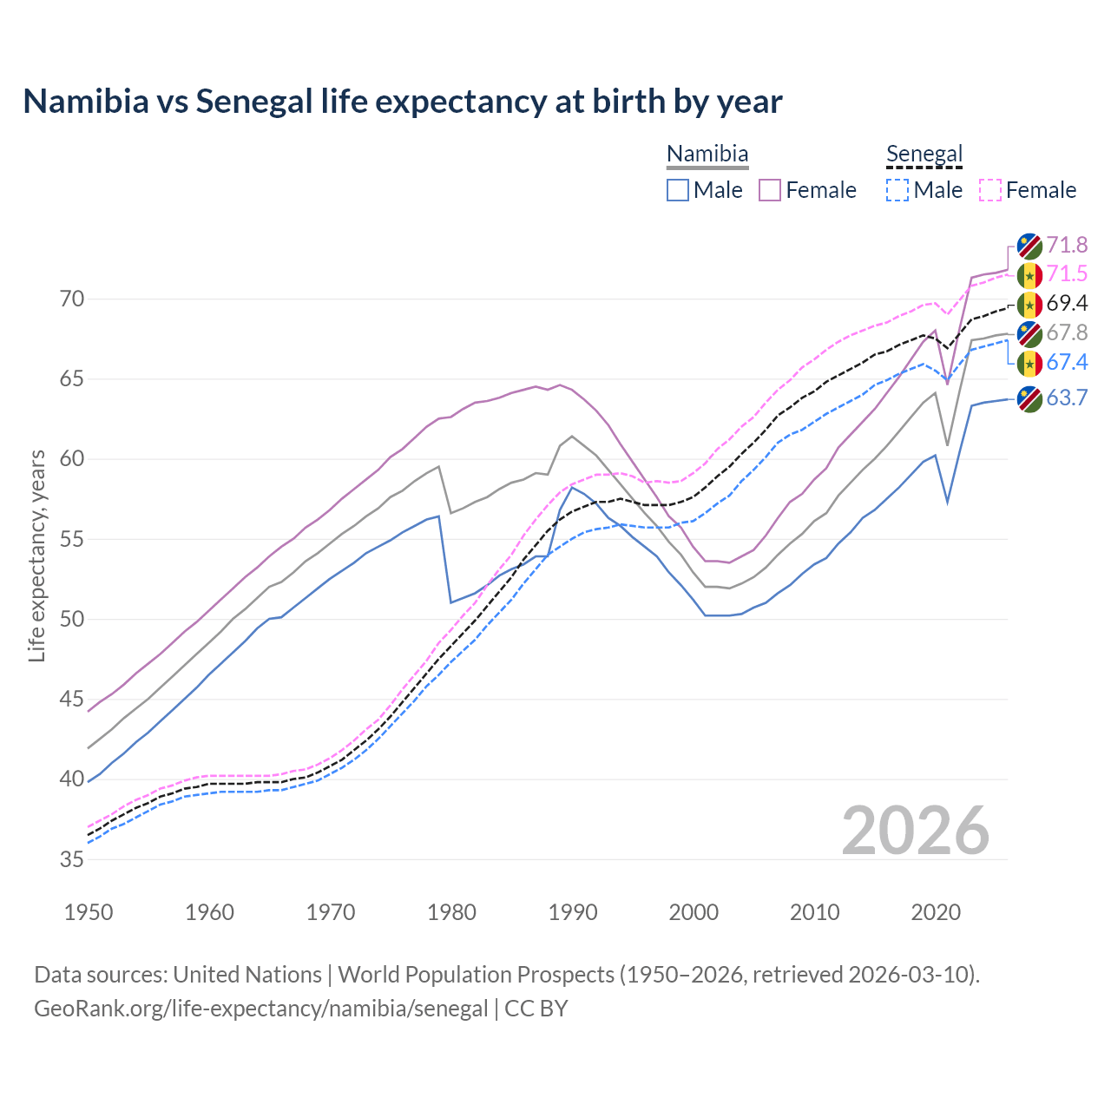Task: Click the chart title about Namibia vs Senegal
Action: coord(402,102)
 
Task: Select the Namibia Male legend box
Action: coord(678,190)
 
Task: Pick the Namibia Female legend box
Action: coord(770,190)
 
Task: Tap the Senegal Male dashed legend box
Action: coord(897,190)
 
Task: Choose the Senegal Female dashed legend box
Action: coord(990,190)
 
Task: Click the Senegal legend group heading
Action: coord(924,154)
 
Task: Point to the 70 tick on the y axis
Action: coord(72,299)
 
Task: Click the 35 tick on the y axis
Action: coord(72,860)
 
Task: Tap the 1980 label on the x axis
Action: coord(451,912)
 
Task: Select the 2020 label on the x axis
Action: coord(936,912)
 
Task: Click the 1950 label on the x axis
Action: coord(89,912)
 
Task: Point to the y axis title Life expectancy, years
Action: coord(36,555)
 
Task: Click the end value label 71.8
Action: coord(1067,245)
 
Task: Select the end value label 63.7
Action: coord(1067,398)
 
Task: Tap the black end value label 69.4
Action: coord(1067,303)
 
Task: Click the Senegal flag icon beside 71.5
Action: coord(1029,275)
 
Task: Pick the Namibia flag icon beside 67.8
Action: coord(1029,333)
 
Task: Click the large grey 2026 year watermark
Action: coord(916,831)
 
